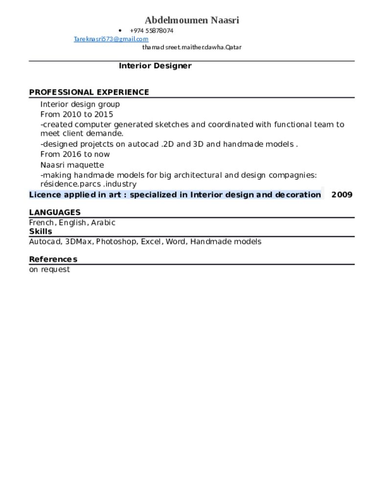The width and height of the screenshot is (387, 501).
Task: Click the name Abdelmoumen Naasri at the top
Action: (x=192, y=21)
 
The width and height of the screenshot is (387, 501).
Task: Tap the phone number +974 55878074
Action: (x=152, y=31)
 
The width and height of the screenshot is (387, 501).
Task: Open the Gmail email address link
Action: (x=111, y=39)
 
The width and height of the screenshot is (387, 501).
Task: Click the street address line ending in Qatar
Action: (x=192, y=47)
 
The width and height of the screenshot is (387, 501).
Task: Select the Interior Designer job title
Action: (x=155, y=66)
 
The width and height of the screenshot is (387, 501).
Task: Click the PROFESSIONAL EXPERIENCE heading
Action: (x=89, y=92)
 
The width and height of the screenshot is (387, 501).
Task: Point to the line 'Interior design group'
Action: (x=80, y=104)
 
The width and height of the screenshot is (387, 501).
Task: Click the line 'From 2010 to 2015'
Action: (x=77, y=114)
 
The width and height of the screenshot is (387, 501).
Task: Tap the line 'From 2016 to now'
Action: (x=75, y=154)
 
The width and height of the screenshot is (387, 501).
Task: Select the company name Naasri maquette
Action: (x=72, y=165)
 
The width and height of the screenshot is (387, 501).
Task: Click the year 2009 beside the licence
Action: (x=341, y=195)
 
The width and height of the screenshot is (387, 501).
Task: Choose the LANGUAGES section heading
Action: (x=55, y=212)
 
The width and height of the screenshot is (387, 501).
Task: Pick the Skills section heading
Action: (x=41, y=231)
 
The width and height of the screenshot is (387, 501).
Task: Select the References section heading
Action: (x=53, y=259)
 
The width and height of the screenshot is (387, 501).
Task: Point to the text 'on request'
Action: (x=49, y=270)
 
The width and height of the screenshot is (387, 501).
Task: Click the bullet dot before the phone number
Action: (x=120, y=31)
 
